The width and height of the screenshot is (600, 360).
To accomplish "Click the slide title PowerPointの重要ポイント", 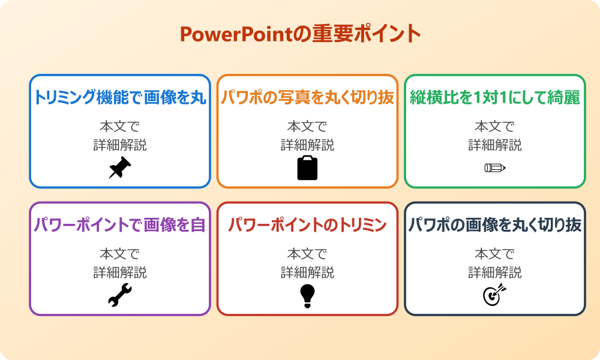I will click(300, 34).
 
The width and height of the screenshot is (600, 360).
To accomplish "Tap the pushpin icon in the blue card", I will click(119, 167).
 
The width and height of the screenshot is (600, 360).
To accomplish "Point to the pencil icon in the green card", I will click(495, 167).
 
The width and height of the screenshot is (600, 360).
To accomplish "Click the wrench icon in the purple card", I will click(119, 295).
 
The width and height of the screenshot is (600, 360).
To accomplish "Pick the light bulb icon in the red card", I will click(307, 295).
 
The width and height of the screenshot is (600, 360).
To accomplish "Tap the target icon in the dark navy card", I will click(495, 295).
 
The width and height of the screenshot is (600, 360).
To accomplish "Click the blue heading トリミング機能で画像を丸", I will click(120, 98).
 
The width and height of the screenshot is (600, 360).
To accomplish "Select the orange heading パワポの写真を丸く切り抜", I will click(307, 98).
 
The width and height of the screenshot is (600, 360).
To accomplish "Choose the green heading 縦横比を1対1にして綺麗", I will click(495, 98).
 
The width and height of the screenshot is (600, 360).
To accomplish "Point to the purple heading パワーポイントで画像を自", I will click(120, 225).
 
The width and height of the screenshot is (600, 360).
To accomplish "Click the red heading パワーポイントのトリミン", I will click(307, 225).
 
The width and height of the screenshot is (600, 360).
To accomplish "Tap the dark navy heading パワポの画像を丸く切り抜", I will click(495, 225).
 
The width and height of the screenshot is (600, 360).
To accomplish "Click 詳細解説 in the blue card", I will click(120, 145).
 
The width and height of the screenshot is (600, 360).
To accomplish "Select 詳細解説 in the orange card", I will click(307, 145).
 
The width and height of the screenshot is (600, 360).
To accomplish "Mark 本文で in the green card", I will click(495, 127).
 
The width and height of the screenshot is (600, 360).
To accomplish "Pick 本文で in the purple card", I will click(120, 254).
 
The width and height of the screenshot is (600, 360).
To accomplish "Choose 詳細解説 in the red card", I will click(307, 272).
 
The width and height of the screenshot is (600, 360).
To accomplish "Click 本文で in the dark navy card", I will click(495, 254).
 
